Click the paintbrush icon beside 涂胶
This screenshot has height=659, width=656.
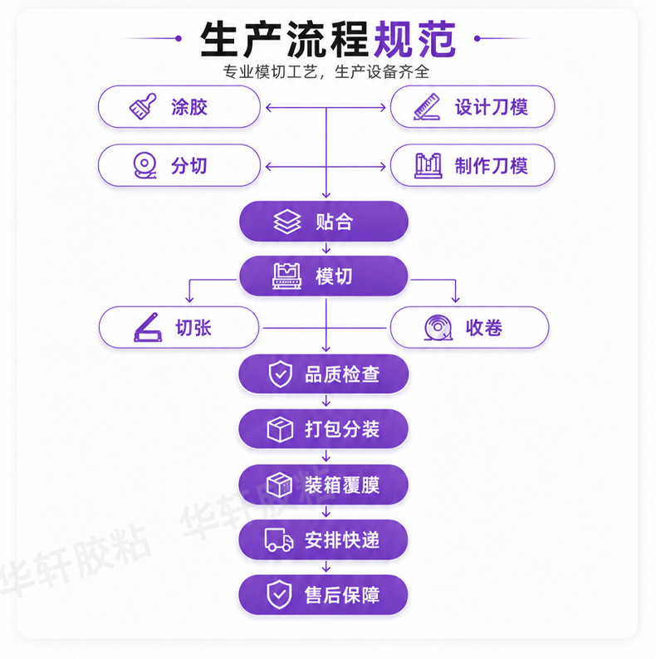click(143, 106)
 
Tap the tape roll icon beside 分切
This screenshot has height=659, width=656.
click(144, 166)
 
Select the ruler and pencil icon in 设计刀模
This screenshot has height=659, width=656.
click(427, 107)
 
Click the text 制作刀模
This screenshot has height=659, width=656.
click(491, 166)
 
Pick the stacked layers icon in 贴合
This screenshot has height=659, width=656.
click(287, 221)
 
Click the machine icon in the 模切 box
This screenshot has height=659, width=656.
click(286, 276)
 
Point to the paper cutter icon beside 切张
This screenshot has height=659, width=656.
click(148, 327)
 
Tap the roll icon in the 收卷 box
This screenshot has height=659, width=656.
click(438, 327)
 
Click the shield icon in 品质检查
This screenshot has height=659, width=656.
click(281, 373)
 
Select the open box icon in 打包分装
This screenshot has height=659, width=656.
click(280, 429)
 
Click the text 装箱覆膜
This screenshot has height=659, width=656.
click(342, 485)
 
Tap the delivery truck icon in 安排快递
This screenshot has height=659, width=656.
click(279, 539)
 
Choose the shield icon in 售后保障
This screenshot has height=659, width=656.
click(279, 595)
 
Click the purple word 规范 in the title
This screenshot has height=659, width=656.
click(414, 40)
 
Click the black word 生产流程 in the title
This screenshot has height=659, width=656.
click(285, 40)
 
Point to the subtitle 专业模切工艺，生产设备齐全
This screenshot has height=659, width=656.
click(326, 72)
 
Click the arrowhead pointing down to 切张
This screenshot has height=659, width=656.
click(189, 299)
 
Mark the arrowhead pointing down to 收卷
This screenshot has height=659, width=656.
click(455, 299)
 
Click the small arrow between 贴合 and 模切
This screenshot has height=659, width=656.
click(326, 248)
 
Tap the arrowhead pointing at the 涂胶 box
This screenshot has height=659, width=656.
click(269, 108)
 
